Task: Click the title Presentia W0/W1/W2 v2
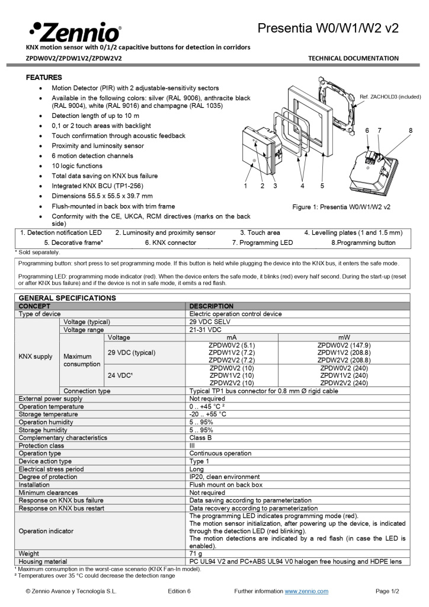pos(328,28)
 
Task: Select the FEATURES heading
pos(44,78)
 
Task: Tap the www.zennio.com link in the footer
pos(306,591)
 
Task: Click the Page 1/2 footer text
pos(388,591)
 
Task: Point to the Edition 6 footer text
pos(179,591)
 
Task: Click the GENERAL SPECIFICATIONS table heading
pos(68,298)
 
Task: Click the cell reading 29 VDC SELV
pos(210,321)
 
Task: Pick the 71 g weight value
pos(196,553)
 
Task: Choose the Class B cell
pos(200,437)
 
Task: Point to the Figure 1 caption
pos(341,207)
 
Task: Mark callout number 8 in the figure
pos(410,130)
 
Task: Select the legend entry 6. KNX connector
pos(171,242)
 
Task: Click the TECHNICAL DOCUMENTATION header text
pos(353,58)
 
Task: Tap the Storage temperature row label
pos(47,414)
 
